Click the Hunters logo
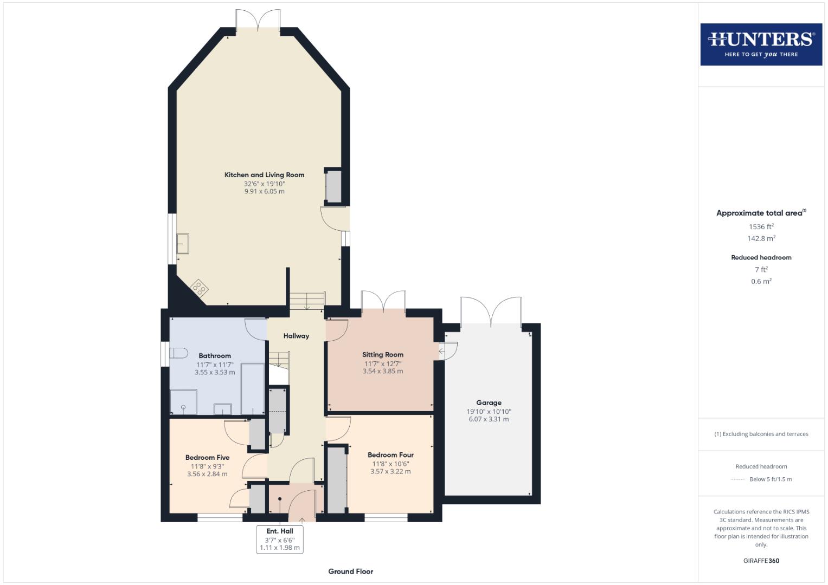(x=761, y=44)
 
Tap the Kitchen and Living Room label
(x=264, y=175)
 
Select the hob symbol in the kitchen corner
(x=199, y=288)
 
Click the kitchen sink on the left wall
(x=183, y=244)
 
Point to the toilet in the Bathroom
(x=178, y=353)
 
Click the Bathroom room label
(x=215, y=356)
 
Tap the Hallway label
(x=296, y=336)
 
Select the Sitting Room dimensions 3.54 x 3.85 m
(x=382, y=372)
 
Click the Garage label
(x=489, y=402)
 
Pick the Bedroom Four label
(x=390, y=455)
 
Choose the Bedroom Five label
(x=207, y=458)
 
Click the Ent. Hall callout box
(x=279, y=539)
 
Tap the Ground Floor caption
(x=350, y=571)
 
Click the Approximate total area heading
(x=761, y=213)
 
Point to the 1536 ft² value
(x=761, y=226)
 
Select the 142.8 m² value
(x=761, y=238)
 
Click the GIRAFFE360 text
(x=761, y=561)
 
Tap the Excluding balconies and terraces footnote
(x=761, y=434)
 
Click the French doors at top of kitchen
(x=258, y=20)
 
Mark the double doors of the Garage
(x=491, y=312)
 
